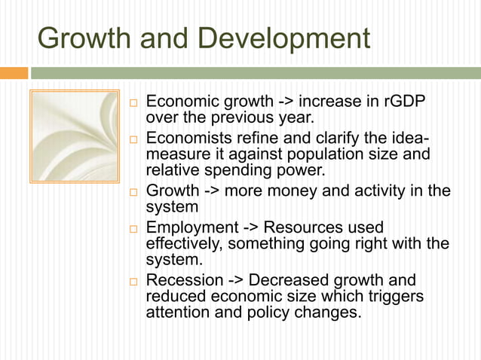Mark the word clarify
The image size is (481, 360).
click(x=350, y=138)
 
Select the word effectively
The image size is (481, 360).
click(x=183, y=243)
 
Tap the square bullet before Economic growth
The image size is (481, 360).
click(x=133, y=102)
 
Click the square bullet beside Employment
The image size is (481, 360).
click(x=133, y=227)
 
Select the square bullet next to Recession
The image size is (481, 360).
click(x=133, y=280)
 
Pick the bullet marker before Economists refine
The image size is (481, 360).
click(x=133, y=139)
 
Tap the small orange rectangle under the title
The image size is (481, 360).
click(x=14, y=73)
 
